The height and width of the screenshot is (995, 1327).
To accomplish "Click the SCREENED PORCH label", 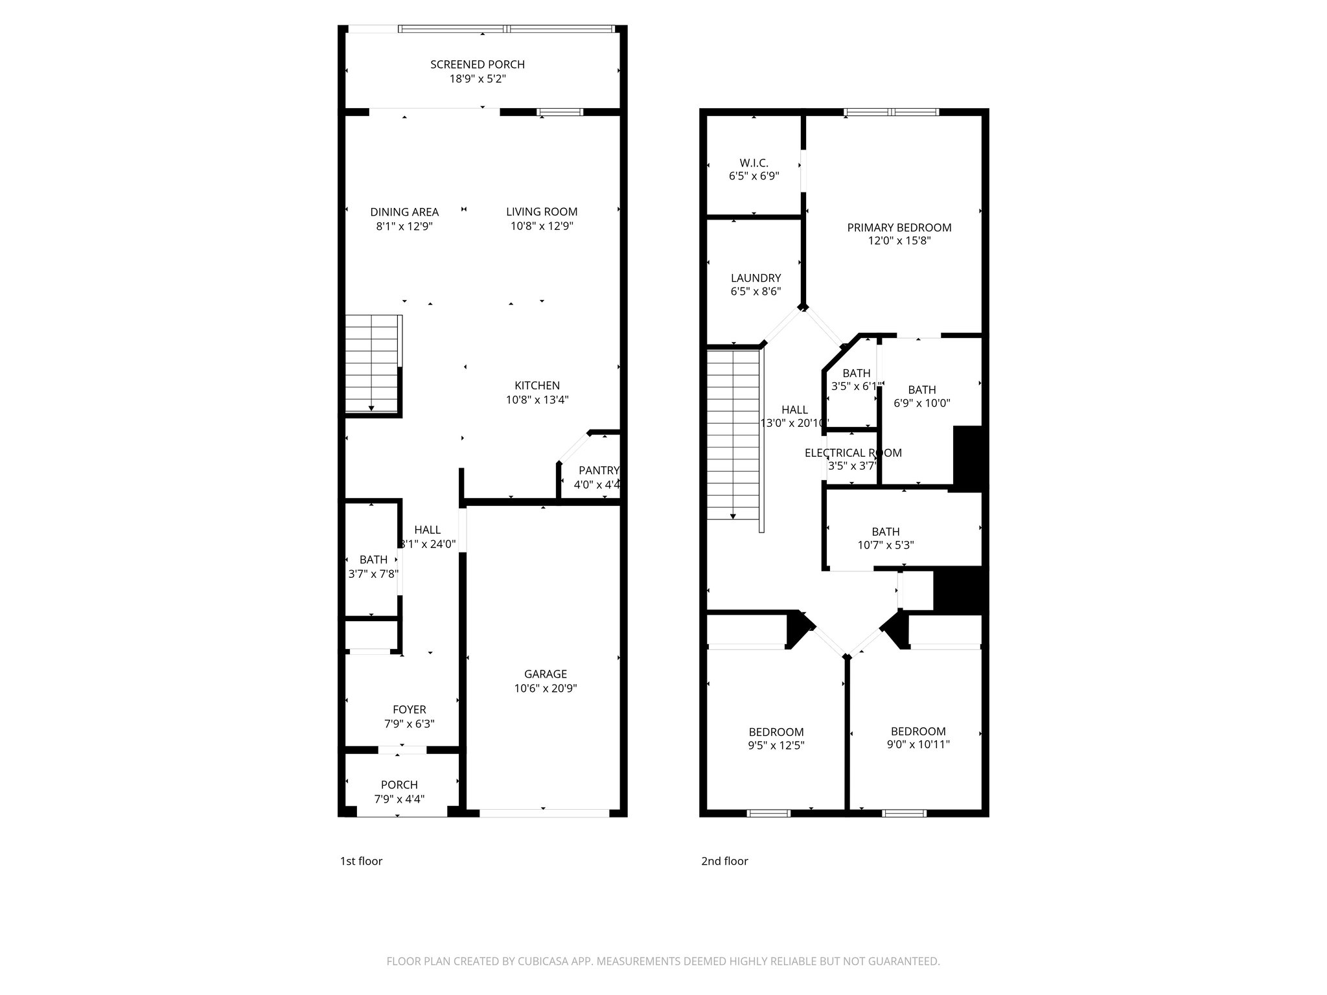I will (x=478, y=64).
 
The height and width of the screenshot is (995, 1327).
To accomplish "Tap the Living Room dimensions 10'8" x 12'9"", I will (x=542, y=226).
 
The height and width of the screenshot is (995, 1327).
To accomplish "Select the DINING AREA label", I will (x=404, y=212).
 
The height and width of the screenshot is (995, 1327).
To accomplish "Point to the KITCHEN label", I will (x=537, y=385).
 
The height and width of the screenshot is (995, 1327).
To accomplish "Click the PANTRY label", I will (x=598, y=470).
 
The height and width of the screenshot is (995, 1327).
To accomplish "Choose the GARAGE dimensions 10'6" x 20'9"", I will (x=546, y=688).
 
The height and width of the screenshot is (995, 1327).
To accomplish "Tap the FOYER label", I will (x=410, y=709).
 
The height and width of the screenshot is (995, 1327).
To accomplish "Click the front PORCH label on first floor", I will (x=399, y=784).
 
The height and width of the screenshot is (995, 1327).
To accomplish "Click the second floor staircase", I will (x=733, y=434).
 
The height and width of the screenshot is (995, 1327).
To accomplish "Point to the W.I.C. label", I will (x=754, y=163).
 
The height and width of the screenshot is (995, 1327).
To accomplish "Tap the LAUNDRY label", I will (x=756, y=278).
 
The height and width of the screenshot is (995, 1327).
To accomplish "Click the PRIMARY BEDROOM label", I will (x=899, y=227).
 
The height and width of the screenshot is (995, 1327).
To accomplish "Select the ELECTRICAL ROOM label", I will (x=853, y=453).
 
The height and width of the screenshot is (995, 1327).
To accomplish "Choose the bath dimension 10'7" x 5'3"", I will (x=885, y=545).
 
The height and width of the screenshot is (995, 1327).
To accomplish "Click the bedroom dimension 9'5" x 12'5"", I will (x=776, y=745).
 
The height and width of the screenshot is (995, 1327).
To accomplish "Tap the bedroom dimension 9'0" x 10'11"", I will (x=918, y=744).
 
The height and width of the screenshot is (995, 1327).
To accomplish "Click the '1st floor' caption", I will (x=361, y=861).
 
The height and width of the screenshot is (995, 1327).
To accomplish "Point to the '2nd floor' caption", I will (x=724, y=861).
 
